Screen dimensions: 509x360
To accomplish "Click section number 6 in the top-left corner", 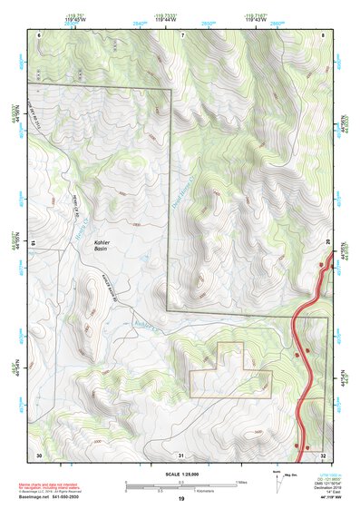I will click(x=38, y=34).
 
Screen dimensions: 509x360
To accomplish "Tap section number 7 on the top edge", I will click(x=181, y=34).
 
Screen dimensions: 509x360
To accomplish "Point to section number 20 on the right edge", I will click(x=328, y=241).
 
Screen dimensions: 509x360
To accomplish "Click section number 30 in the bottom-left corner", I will click(x=38, y=454).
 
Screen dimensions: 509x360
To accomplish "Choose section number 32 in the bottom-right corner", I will click(x=324, y=454).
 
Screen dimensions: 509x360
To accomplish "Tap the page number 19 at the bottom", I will click(x=180, y=499).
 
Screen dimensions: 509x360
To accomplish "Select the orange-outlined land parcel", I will click(x=231, y=372).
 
